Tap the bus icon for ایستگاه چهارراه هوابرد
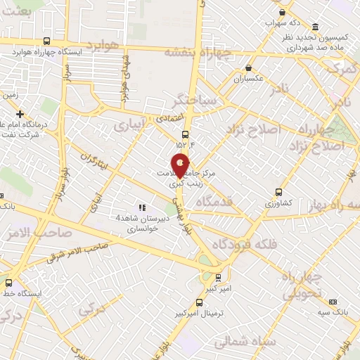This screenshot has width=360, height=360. [x=46, y=41]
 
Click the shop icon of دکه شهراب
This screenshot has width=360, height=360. [x=282, y=12]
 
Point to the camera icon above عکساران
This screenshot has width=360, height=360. [x=248, y=68]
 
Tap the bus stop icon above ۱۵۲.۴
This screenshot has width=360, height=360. [x=185, y=134]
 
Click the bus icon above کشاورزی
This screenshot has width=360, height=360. [x=279, y=191]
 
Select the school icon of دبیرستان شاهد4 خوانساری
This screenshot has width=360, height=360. [x=142, y=207]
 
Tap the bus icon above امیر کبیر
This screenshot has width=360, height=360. [x=217, y=277]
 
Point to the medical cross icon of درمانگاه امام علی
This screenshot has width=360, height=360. [x=20, y=114]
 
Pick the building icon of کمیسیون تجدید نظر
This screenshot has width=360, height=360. [x=314, y=27]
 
